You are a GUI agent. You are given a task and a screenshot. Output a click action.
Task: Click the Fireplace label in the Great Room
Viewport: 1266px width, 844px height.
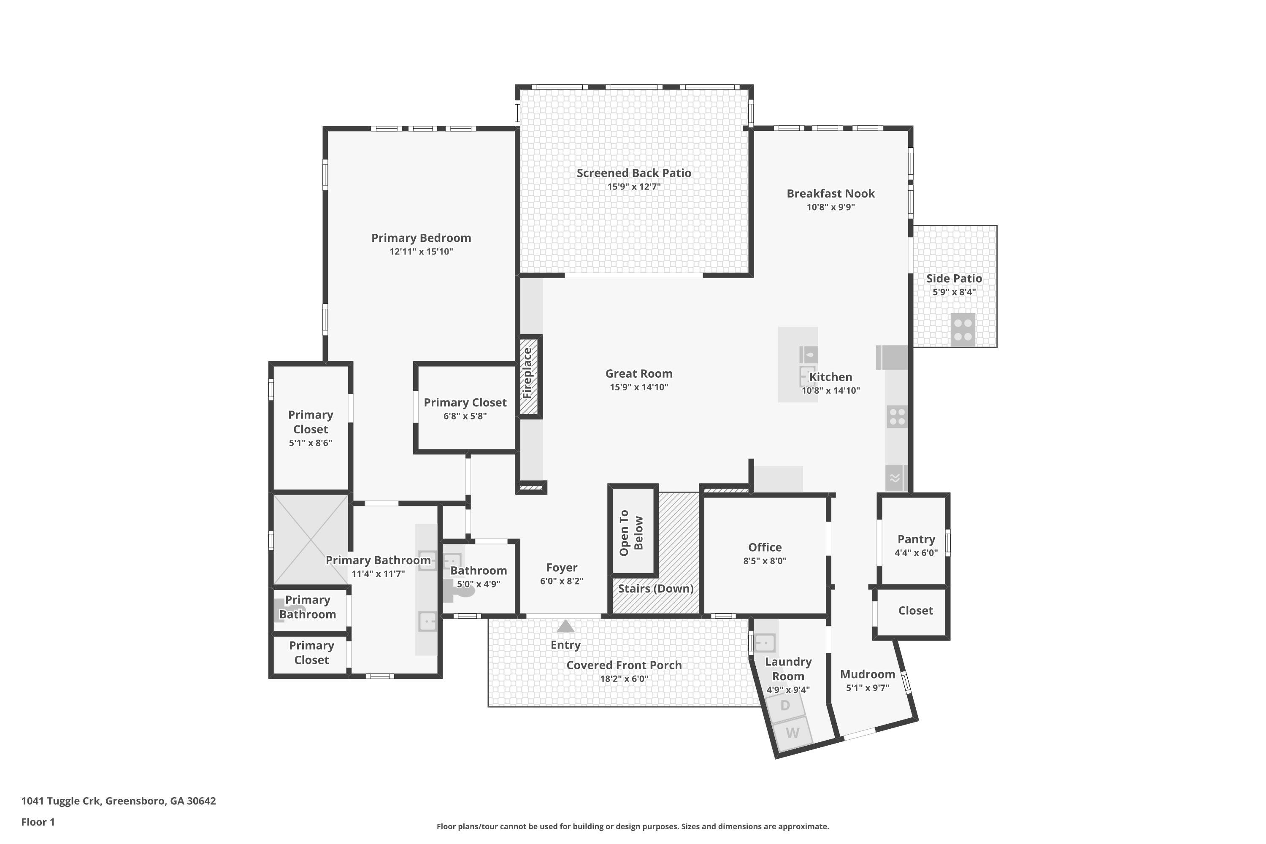point(527,373)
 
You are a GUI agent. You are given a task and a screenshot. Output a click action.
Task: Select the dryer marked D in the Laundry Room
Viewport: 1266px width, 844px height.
point(785,705)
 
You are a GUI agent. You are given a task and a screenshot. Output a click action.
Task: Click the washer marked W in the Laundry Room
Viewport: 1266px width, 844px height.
point(793,733)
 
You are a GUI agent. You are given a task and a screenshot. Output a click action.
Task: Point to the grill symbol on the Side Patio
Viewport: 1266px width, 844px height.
point(963,330)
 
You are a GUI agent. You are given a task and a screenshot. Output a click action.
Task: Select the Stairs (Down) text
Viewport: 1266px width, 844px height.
point(655,588)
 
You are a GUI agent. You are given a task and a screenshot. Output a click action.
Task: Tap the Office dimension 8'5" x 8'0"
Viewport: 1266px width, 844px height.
point(764,561)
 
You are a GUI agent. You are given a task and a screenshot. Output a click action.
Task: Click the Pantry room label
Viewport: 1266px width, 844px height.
point(916,539)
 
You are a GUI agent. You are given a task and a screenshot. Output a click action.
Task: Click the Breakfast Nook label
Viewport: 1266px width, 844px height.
point(830,193)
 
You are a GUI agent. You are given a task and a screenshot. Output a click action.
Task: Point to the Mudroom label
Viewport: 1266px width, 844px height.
point(867,674)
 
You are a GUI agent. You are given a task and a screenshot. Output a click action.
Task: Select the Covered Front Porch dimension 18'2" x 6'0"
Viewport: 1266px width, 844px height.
point(623,679)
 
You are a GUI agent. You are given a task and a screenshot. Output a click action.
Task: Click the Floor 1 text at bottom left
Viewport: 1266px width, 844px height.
point(38,822)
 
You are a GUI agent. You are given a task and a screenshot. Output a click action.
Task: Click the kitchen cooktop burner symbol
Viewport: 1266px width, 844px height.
point(897,417)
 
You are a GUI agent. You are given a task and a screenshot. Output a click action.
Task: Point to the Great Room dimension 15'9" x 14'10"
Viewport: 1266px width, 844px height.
point(638,387)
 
